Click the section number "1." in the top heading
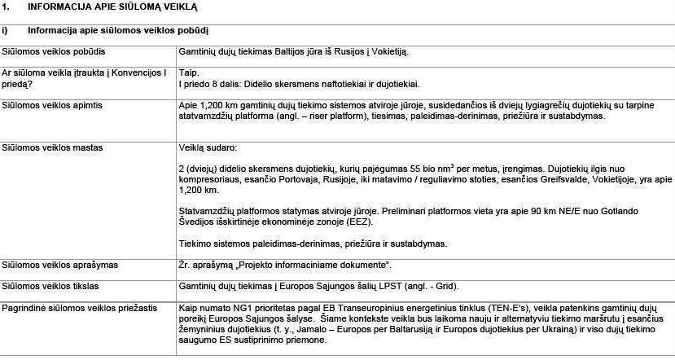point(7,7)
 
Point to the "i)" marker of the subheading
point(5,31)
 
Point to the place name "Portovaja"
point(303,179)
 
